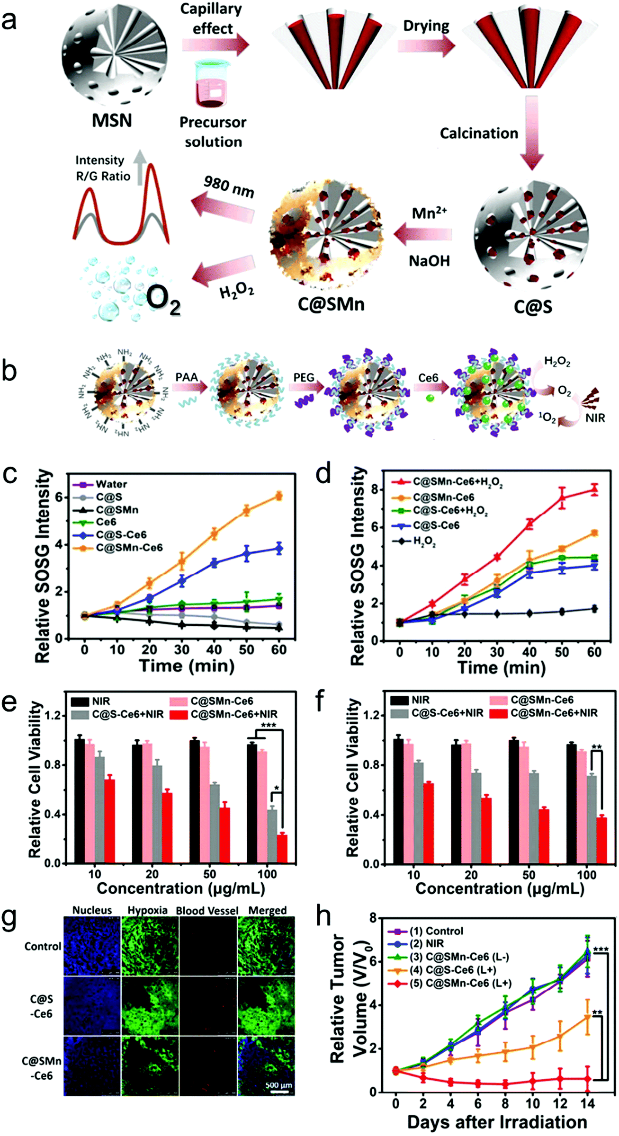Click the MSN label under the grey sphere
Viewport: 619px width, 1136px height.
pos(112,120)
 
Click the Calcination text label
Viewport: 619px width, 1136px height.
pos(479,133)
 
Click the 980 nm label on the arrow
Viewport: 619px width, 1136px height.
pos(229,186)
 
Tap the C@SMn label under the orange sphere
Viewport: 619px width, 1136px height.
pos(331,303)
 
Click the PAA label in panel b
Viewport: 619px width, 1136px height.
pos(187,377)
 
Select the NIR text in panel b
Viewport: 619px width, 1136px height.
pos(594,418)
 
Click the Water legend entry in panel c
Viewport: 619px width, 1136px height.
pos(111,484)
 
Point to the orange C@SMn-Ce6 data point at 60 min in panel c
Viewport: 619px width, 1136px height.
pos(279,496)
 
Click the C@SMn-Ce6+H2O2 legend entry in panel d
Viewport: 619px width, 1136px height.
pos(457,482)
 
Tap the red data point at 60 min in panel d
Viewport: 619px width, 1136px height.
pos(594,490)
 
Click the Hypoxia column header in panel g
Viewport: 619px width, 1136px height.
pos(147,910)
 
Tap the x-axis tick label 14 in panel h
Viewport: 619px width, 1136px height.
pos(587,1104)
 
